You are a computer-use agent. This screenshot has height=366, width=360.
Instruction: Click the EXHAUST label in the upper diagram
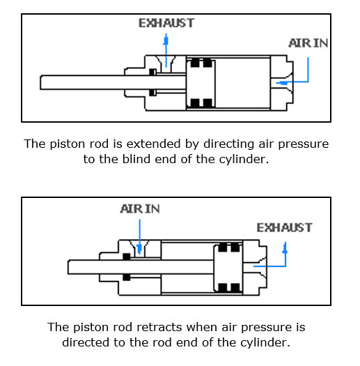point(166,23)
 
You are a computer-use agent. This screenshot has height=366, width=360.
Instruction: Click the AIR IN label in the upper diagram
point(308,43)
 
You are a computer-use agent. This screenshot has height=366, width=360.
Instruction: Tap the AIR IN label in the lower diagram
point(140,208)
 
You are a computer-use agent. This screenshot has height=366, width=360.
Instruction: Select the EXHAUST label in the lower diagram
point(284,227)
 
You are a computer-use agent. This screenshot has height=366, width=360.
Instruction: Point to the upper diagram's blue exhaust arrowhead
point(166,40)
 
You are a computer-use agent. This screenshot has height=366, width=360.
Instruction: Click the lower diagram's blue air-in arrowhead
point(139,250)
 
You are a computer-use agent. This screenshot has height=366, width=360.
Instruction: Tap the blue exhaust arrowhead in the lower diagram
point(285,248)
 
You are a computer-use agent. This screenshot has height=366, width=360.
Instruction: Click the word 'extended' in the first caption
point(153,144)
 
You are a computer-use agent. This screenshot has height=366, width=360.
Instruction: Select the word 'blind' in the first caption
point(136,159)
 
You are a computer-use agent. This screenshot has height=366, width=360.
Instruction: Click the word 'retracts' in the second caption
point(159,327)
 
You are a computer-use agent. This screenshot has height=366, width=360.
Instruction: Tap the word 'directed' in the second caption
point(86,342)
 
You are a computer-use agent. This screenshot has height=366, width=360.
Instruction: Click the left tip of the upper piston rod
point(40,82)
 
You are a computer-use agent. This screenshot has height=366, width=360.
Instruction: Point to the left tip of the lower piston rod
point(68,267)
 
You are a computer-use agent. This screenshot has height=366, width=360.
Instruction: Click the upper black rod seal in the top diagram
point(152,72)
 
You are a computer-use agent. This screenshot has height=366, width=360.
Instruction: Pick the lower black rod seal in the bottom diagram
point(126,277)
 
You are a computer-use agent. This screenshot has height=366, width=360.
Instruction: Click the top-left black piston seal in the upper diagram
point(195,63)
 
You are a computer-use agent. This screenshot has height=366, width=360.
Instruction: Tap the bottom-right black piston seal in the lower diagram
point(235,287)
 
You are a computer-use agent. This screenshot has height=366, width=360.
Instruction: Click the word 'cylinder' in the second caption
point(265,343)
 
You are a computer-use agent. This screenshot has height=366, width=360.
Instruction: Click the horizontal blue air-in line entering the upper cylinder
point(292,82)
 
